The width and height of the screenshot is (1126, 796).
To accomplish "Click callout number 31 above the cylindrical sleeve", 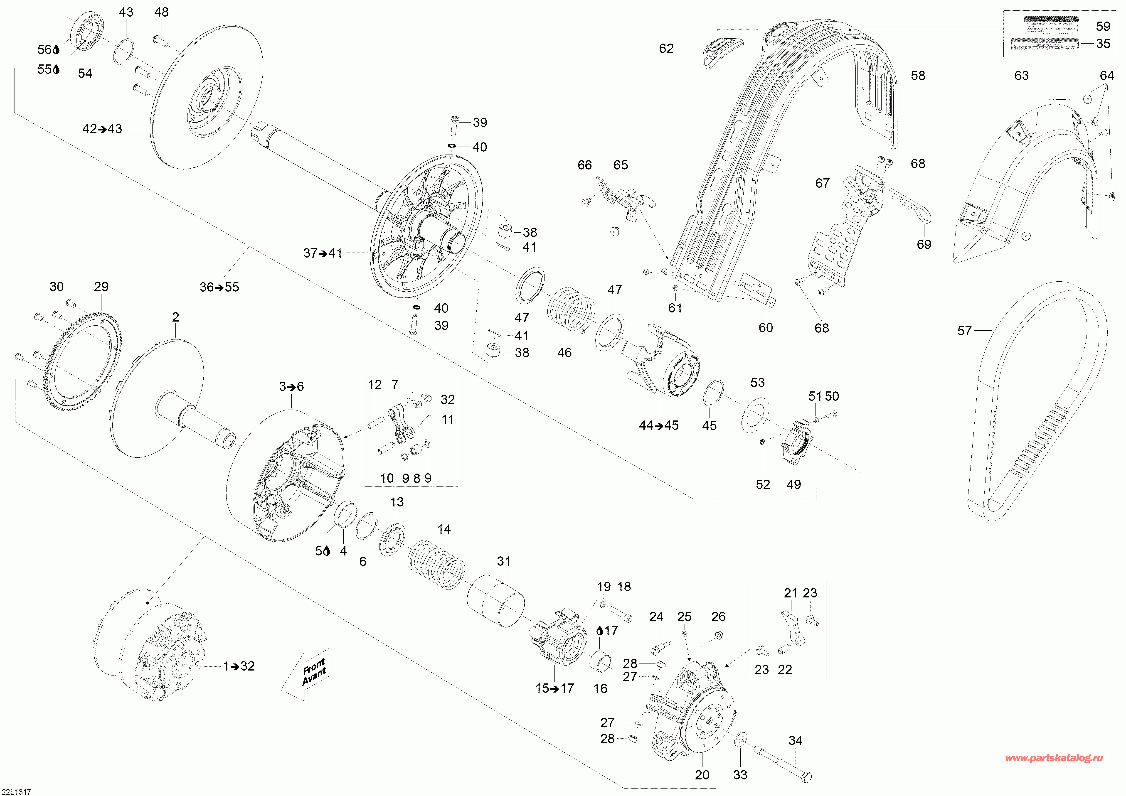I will tap(504, 561).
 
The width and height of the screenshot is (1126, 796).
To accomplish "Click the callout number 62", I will tap(666, 49).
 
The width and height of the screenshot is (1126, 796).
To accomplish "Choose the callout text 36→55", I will tap(219, 287).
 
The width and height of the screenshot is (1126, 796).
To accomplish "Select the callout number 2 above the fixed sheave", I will tap(176, 317).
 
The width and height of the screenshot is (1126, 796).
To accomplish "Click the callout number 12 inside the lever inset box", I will tap(375, 385).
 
